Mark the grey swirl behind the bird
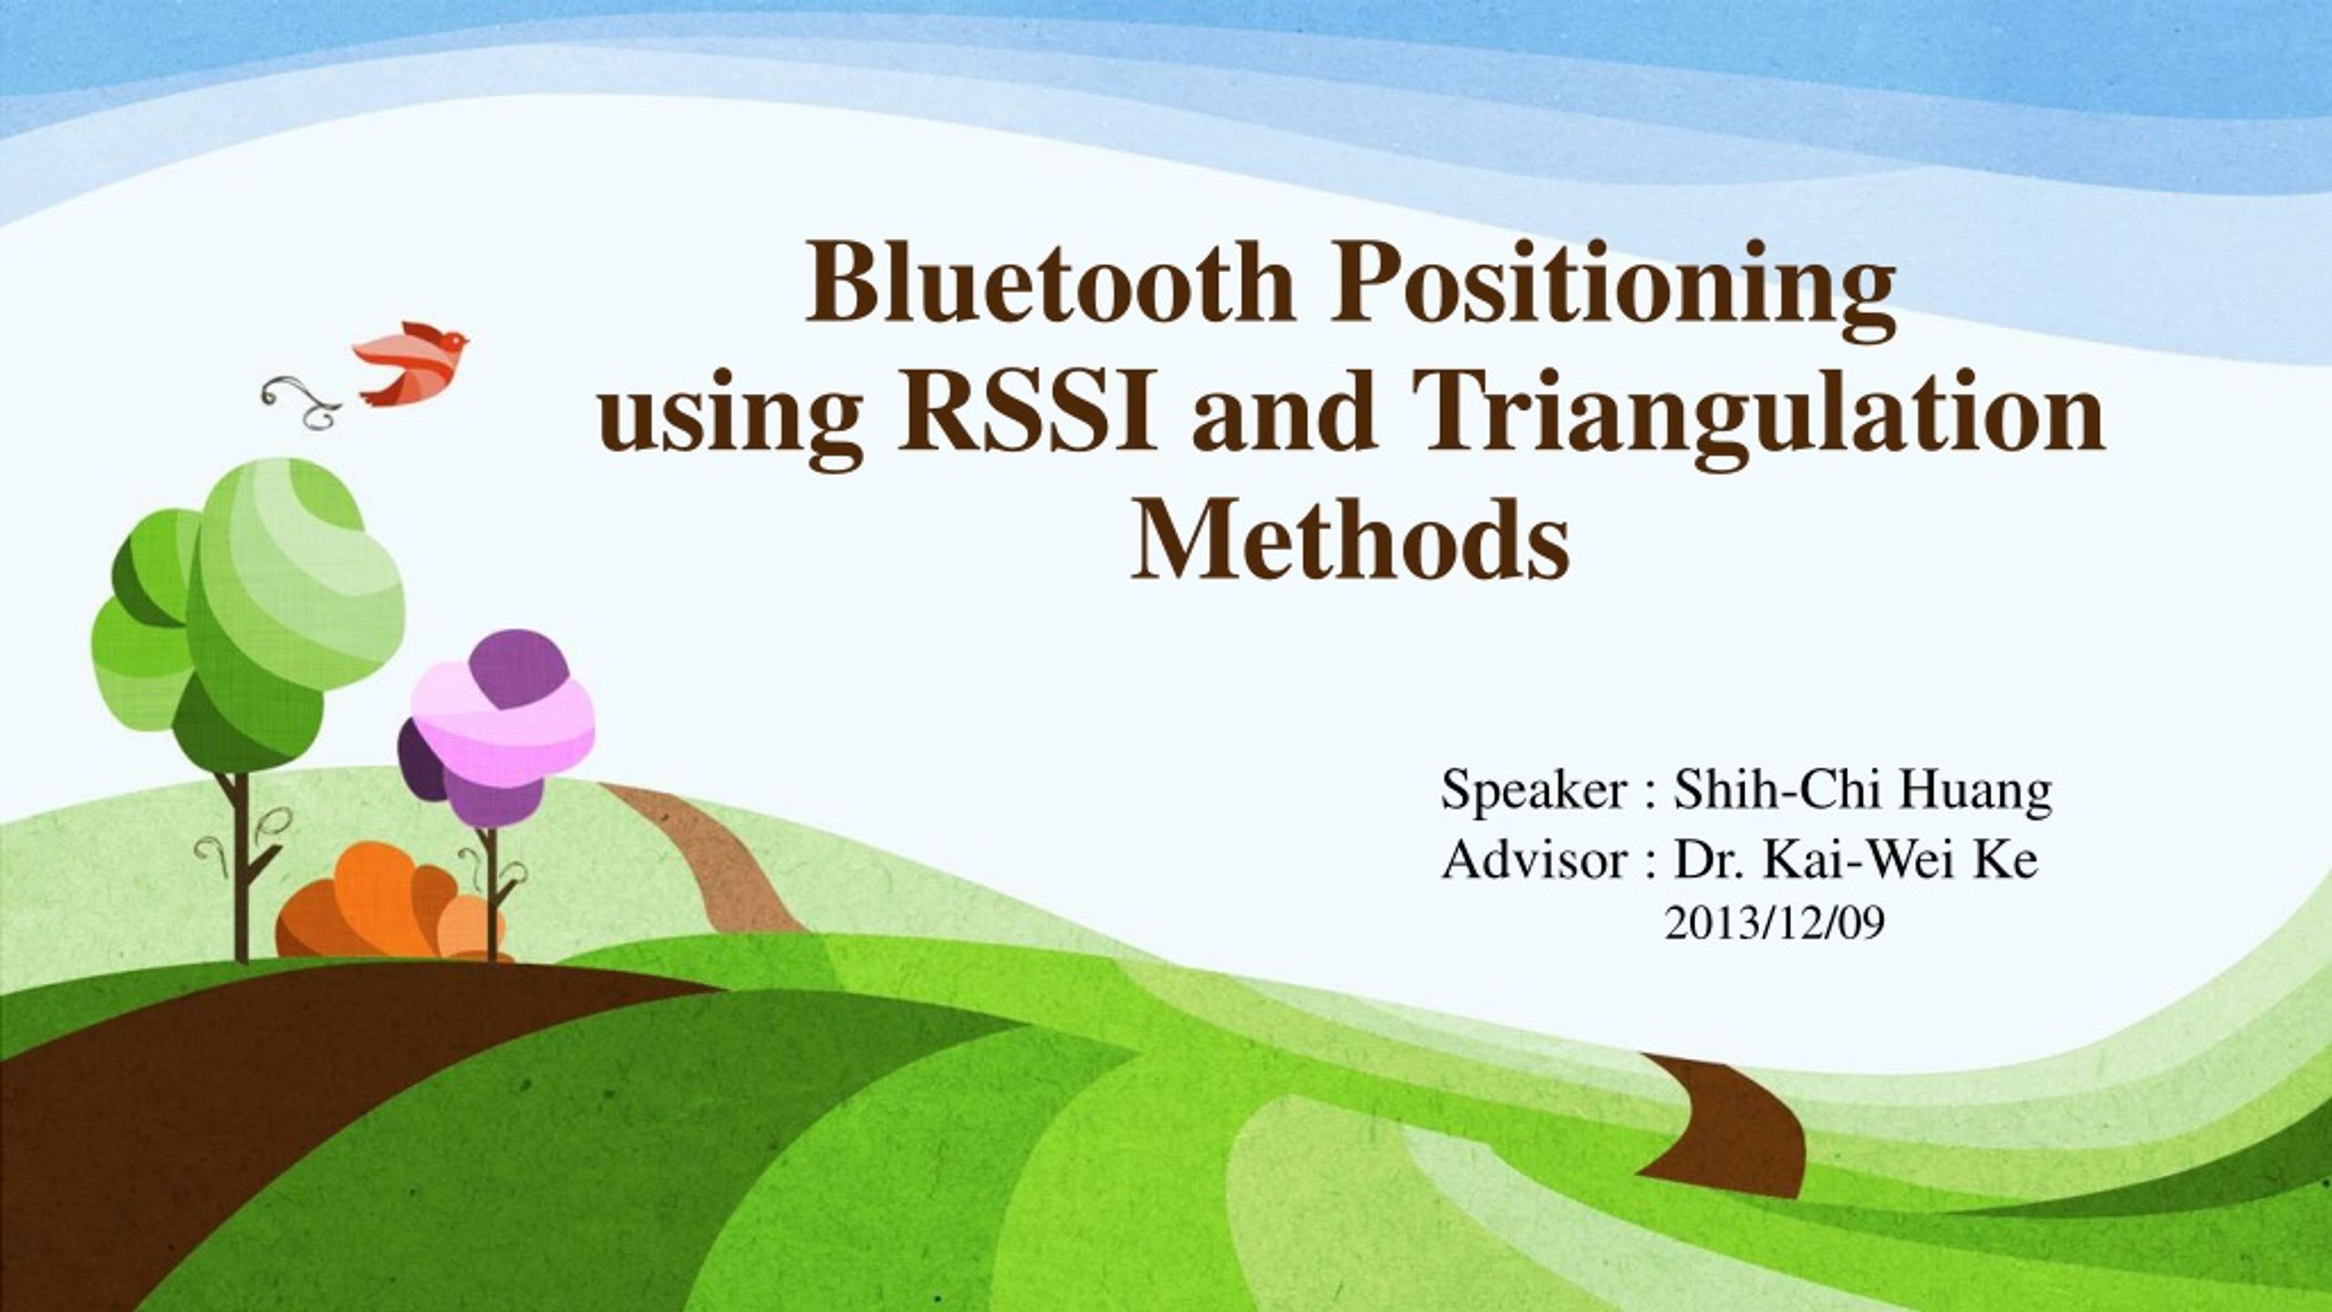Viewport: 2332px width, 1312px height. (301, 401)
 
